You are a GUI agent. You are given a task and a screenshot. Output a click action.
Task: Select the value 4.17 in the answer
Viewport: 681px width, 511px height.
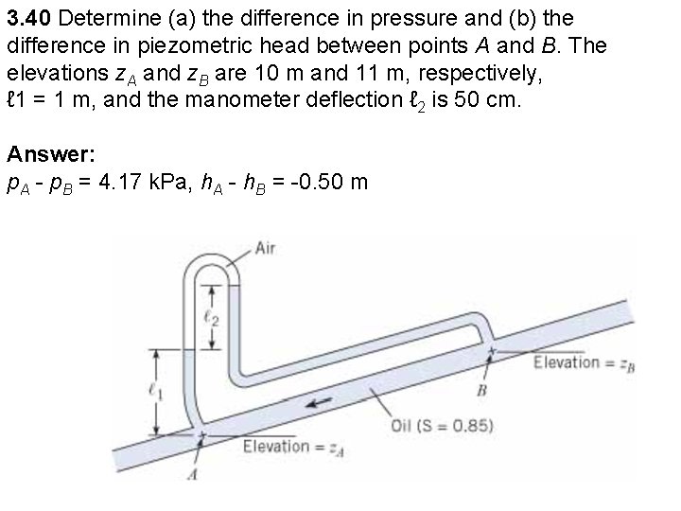coord(150,182)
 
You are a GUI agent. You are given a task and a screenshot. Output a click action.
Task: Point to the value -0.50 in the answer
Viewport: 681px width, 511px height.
coord(306,182)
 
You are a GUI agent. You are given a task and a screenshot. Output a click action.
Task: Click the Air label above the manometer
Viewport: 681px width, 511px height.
coord(267,249)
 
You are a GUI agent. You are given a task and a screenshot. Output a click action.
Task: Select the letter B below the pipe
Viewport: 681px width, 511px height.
coord(481,390)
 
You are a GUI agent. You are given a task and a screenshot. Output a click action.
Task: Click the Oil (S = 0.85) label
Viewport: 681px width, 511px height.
coord(442,425)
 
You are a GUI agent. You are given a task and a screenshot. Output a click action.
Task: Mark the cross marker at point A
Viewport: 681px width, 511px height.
coord(200,436)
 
